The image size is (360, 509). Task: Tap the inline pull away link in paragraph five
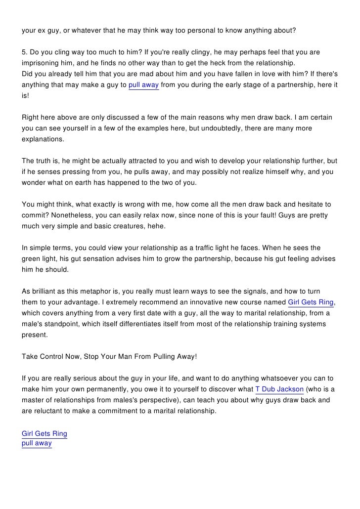coord(143,85)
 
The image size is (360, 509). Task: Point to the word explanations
coord(43,139)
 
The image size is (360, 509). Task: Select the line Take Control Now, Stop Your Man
coord(109,356)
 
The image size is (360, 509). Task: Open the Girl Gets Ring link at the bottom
coord(45,434)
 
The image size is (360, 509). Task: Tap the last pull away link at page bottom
coord(37,443)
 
